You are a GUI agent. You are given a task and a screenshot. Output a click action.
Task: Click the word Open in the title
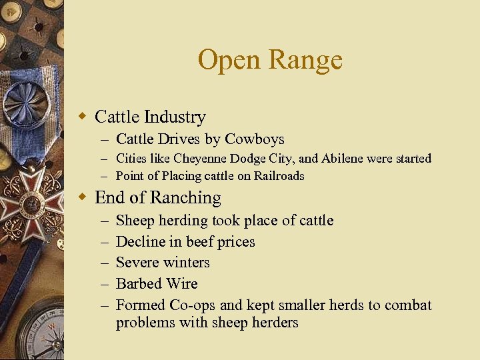224,60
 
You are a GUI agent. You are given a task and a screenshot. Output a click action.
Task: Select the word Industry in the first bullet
175,117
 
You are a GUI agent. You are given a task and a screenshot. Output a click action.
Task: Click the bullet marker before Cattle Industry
83,117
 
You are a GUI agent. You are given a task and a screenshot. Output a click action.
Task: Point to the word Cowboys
255,139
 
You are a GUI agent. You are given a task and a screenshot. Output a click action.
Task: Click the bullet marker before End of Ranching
83,198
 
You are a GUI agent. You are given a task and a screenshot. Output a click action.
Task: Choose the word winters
187,263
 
